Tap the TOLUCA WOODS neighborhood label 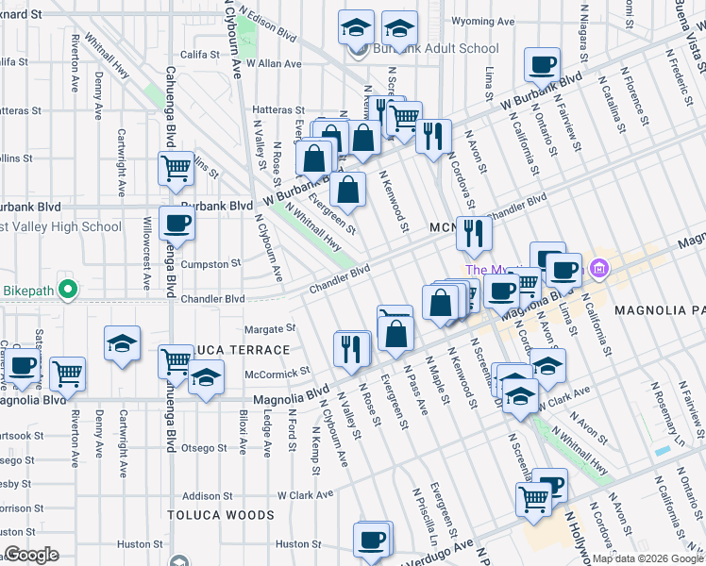tap(221, 515)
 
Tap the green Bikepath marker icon tap(66, 289)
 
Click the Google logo tap(31, 554)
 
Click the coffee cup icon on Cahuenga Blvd tap(176, 224)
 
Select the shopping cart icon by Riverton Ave tap(67, 374)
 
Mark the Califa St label tap(200, 56)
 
